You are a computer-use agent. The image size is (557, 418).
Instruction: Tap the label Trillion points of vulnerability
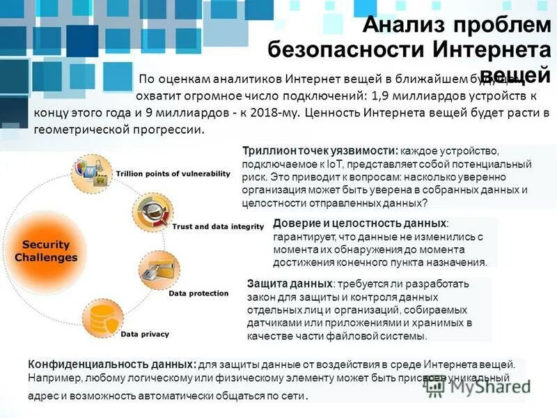pyautogui.click(x=173, y=173)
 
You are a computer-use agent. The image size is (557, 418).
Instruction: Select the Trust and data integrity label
pyautogui.click(x=218, y=226)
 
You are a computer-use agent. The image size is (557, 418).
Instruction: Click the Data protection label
pyautogui.click(x=198, y=293)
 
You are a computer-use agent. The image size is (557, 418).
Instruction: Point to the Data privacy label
pyautogui.click(x=145, y=334)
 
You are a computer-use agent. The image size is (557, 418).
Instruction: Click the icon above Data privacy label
pyautogui.click(x=102, y=318)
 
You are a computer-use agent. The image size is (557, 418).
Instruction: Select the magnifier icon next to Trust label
pyautogui.click(x=152, y=208)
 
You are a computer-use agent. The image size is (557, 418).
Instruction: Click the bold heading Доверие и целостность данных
pyautogui.click(x=359, y=223)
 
